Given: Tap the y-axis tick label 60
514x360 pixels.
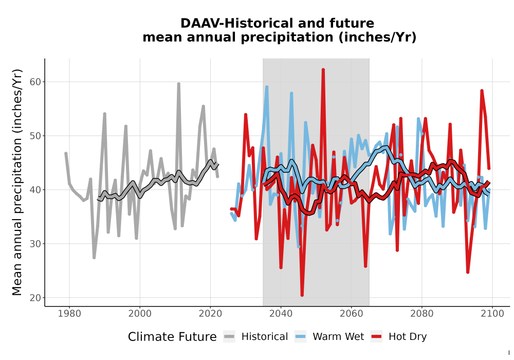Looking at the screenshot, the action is click(x=35, y=82).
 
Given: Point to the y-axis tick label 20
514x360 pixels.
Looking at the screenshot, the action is click(x=35, y=298).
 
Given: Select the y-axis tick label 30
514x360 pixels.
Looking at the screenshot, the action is click(x=35, y=244).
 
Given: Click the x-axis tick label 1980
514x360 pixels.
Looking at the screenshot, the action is click(x=69, y=313).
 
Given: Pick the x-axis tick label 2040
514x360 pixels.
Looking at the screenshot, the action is click(x=281, y=313).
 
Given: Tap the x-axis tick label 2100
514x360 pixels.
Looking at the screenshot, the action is click(x=492, y=313).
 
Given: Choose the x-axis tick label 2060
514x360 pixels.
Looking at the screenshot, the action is click(x=351, y=313).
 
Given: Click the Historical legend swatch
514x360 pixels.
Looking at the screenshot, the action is click(x=229, y=336).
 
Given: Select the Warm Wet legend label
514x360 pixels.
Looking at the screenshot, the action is click(x=338, y=336).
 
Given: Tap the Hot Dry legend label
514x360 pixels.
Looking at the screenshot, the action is click(x=408, y=337).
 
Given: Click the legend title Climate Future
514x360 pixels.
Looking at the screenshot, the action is click(x=172, y=337).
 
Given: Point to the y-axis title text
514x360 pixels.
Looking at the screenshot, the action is click(x=17, y=182).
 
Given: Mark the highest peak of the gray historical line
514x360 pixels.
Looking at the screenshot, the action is click(x=179, y=84).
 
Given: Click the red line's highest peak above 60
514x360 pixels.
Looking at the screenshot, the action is click(x=323, y=69).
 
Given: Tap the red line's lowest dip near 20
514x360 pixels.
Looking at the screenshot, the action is click(x=302, y=295).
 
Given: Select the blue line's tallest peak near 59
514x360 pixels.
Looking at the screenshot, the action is click(x=267, y=87).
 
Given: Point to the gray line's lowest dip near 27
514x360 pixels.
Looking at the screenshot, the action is click(x=94, y=257).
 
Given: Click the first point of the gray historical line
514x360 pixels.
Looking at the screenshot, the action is click(x=66, y=153).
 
